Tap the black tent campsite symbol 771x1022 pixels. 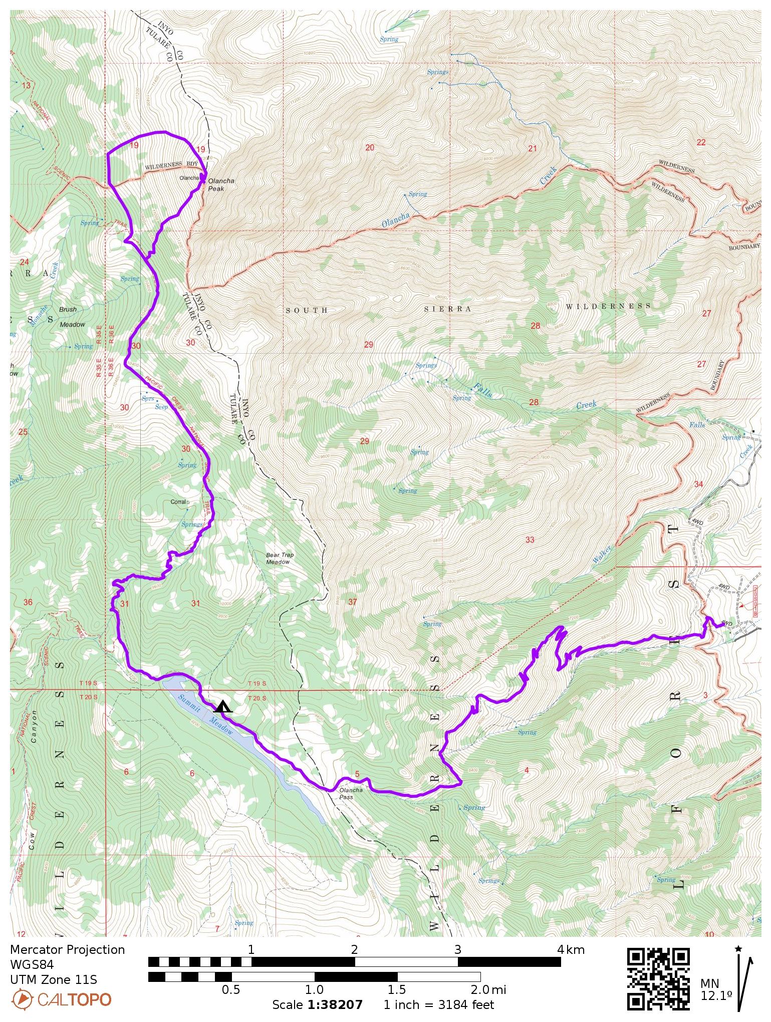point(222,707)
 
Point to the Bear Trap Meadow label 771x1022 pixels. point(280,558)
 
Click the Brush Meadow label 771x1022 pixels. point(72,317)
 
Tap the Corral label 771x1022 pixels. point(179,501)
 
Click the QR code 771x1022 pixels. point(658,978)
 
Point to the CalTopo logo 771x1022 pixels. point(61,999)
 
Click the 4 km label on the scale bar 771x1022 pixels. point(571,949)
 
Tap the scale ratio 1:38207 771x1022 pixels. point(335,1004)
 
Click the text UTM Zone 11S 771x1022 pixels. point(54,979)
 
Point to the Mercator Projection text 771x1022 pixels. point(67,949)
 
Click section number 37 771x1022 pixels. point(352,602)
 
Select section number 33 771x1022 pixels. point(530,540)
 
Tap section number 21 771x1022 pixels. point(533,148)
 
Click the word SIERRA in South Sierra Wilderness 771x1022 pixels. point(447,309)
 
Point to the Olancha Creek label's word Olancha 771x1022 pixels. point(396,220)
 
